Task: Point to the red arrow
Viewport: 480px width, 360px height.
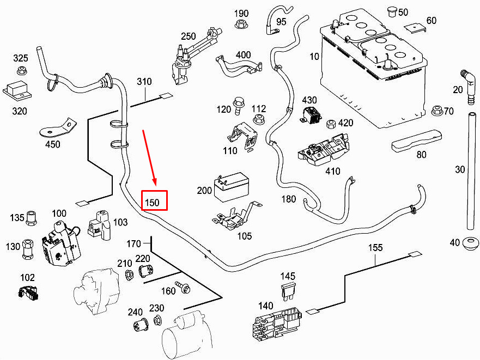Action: click(149, 157)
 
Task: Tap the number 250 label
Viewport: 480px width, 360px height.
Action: click(188, 36)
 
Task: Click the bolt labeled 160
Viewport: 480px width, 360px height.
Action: click(185, 289)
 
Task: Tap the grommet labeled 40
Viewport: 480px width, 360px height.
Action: click(470, 243)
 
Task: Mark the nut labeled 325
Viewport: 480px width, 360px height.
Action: click(22, 70)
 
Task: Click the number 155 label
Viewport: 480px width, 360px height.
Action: click(375, 247)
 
